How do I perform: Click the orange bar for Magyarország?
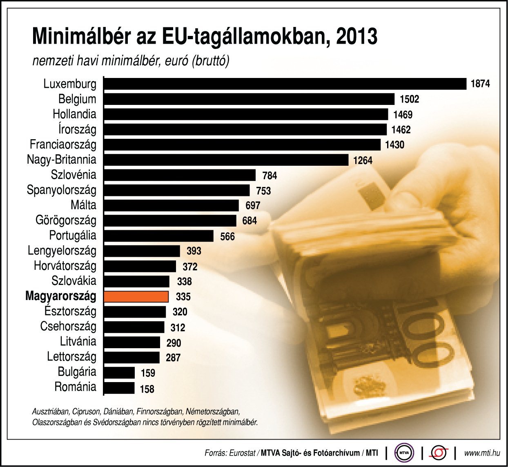click(x=136, y=296)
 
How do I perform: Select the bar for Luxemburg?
click(x=285, y=84)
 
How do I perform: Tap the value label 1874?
click(x=480, y=84)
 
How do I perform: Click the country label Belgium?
click(x=77, y=99)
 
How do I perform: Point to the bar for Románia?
click(x=119, y=388)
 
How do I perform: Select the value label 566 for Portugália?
click(x=227, y=236)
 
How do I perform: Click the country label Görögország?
click(x=66, y=220)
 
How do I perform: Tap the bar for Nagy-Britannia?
click(x=226, y=160)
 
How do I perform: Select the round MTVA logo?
click(x=404, y=453)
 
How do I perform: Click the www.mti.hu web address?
click(x=482, y=453)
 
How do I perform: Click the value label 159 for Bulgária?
click(x=148, y=373)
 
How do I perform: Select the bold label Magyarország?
click(x=61, y=296)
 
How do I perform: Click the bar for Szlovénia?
click(x=180, y=175)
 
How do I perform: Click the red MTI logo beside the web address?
click(x=439, y=453)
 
